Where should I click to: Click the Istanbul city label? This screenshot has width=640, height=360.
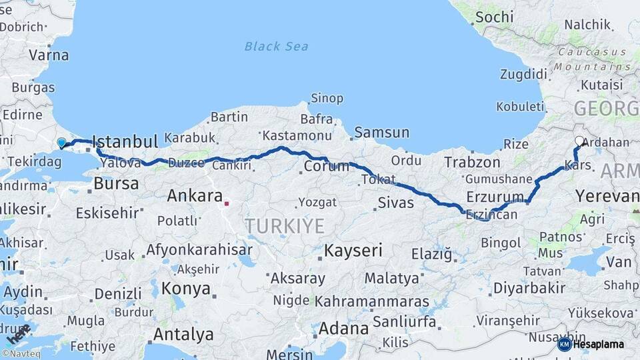click(x=125, y=141)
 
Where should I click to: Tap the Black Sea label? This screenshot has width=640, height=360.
click(x=276, y=46)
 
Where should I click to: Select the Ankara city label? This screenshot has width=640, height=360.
click(x=194, y=196)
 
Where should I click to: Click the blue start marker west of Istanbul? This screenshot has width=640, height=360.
click(x=62, y=143)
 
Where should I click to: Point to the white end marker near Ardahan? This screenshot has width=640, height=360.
click(x=579, y=141)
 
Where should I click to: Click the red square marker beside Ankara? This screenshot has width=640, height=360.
click(x=227, y=202)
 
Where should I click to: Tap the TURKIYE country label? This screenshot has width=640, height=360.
click(x=284, y=226)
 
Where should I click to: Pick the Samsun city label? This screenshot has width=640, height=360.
click(x=381, y=133)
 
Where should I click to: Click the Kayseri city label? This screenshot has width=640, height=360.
click(x=353, y=251)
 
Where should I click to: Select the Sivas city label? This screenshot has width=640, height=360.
click(x=395, y=202)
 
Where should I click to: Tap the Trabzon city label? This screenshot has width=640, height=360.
click(x=472, y=162)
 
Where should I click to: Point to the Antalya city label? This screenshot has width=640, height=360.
click(x=183, y=334)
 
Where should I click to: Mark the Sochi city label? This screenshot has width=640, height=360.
click(x=495, y=17)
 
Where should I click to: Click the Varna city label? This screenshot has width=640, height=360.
click(x=49, y=55)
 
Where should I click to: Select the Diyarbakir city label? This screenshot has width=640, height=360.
click(x=529, y=288)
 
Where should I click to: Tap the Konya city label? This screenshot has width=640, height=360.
click(x=186, y=289)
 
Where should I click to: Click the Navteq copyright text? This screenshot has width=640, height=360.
click(x=21, y=354)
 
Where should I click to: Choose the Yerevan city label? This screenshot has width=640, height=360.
click(x=607, y=196)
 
